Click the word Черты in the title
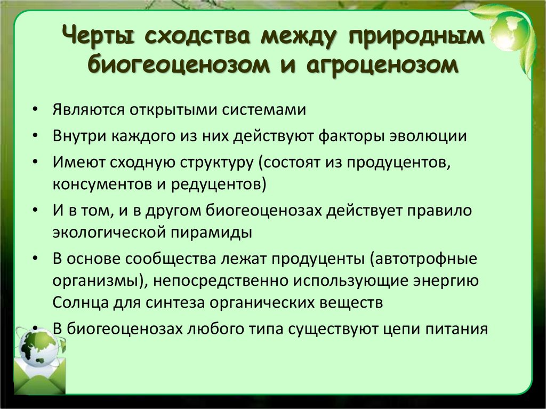coord(101,38)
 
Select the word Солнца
coord(81,303)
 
